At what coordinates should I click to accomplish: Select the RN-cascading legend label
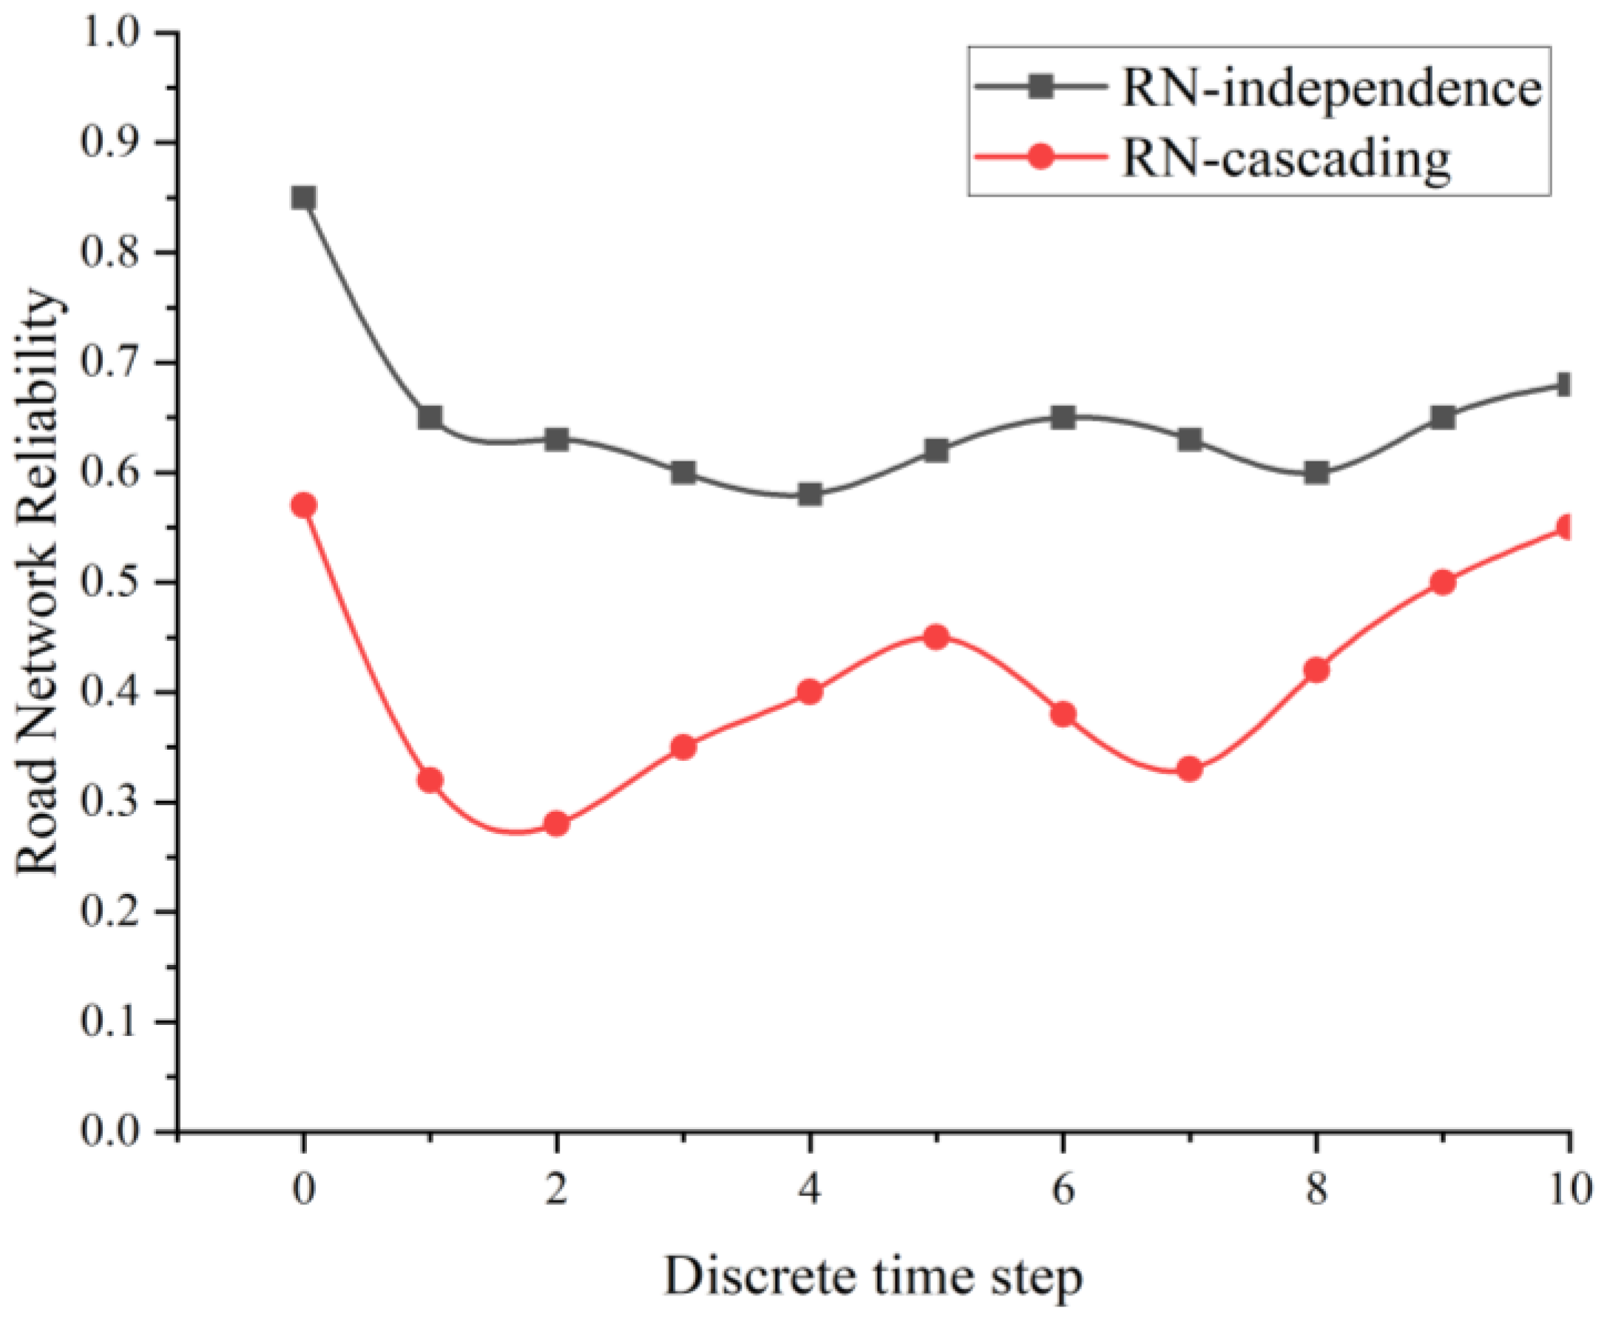(x=1285, y=159)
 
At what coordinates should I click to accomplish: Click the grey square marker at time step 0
(x=304, y=198)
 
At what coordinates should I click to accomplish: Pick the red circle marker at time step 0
(x=304, y=506)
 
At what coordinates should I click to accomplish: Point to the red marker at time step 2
(x=557, y=824)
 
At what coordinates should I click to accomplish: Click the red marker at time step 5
(x=936, y=637)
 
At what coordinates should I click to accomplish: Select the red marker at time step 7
(x=1189, y=769)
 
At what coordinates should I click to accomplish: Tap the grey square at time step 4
(x=809, y=495)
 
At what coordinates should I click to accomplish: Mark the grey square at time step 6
(x=1063, y=418)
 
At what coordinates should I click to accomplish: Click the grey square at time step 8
(x=1316, y=472)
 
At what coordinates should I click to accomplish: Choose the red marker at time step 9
(x=1443, y=583)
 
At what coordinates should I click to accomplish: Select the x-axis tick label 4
(x=809, y=1190)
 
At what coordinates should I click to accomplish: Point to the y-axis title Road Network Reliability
(x=38, y=581)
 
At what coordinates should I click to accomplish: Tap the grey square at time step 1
(x=430, y=418)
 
